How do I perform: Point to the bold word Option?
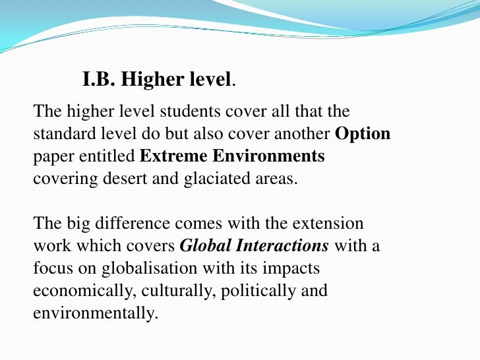[x=363, y=134]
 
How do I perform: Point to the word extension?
[x=327, y=224]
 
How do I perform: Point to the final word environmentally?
[x=96, y=313]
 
